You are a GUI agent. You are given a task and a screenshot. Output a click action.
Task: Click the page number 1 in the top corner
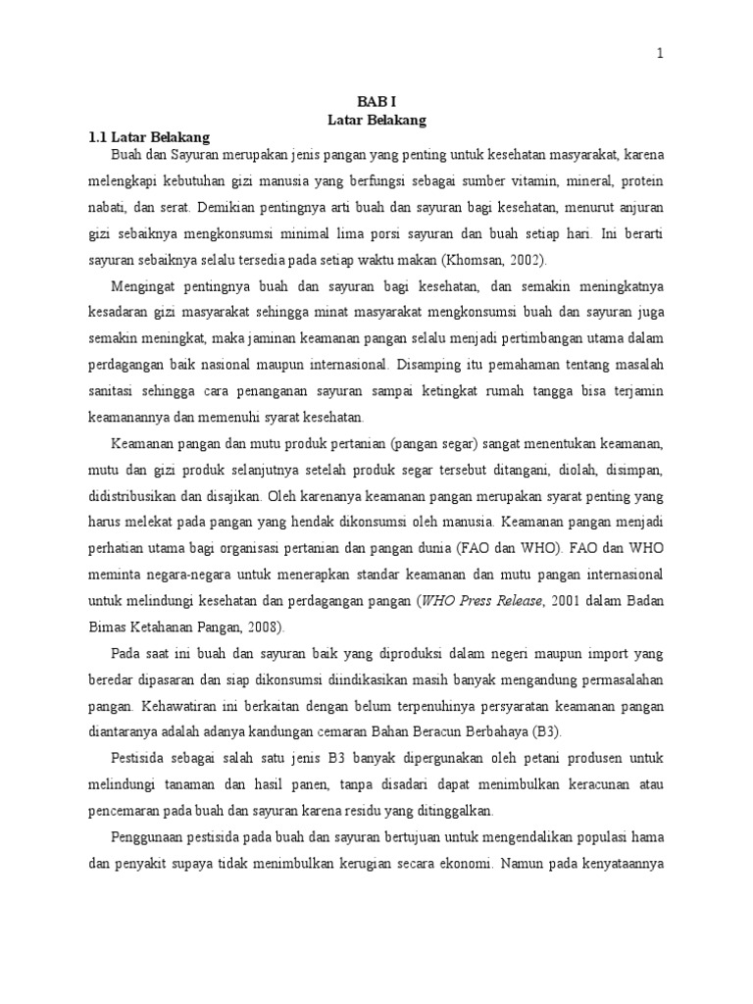(x=660, y=56)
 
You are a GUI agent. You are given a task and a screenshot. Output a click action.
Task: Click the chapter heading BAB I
(x=376, y=101)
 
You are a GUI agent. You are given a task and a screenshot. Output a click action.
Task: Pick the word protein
(x=643, y=182)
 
